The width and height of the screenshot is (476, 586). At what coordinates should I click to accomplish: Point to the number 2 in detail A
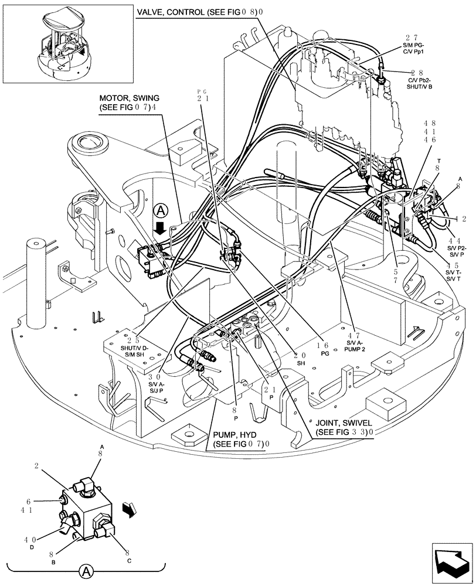click(36, 466)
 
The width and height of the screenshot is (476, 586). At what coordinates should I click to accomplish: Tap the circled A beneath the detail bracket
click(86, 570)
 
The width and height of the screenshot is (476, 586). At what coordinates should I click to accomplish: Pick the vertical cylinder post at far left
click(37, 281)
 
